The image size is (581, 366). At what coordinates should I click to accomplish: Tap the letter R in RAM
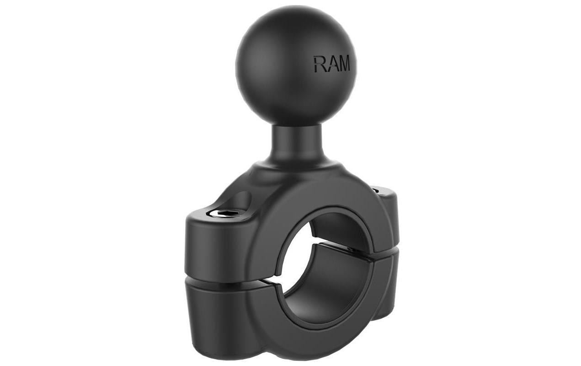(x=319, y=64)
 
